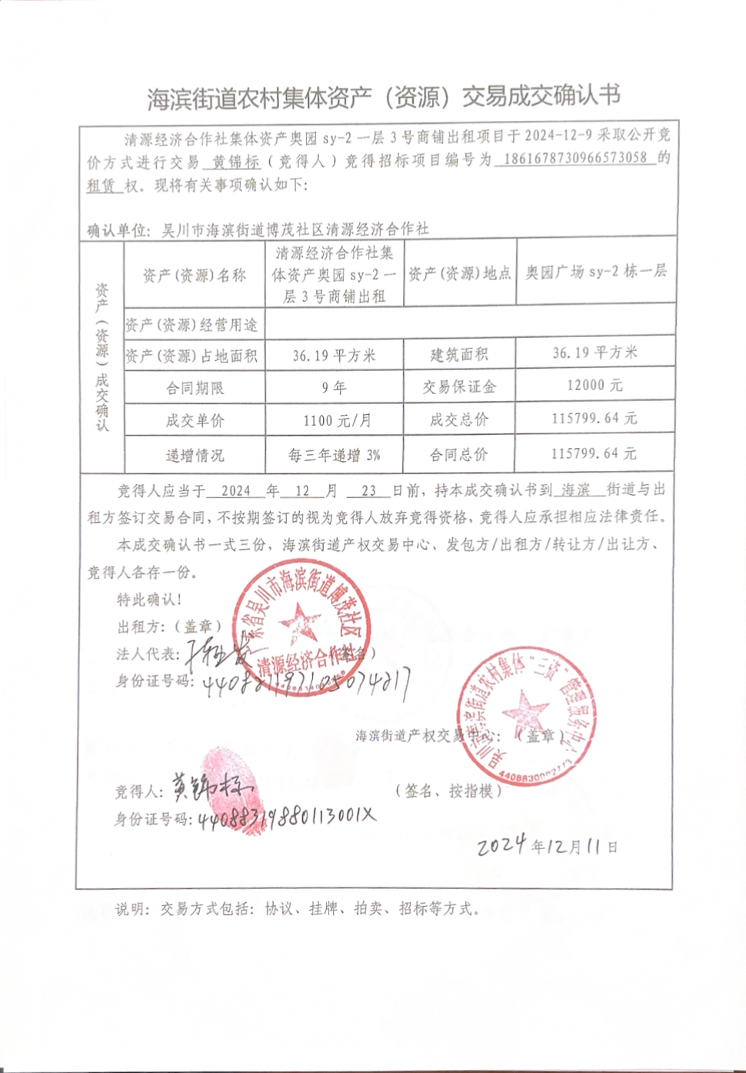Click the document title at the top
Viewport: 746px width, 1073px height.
pos(383,97)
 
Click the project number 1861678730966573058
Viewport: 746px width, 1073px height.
pos(575,159)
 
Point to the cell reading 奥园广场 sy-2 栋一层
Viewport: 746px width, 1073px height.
pos(596,272)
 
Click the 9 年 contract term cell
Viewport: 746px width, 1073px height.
pos(335,387)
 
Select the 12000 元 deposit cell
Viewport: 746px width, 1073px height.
pos(594,385)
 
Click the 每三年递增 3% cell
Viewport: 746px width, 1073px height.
pos(335,455)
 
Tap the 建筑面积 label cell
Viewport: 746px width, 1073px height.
pos(459,354)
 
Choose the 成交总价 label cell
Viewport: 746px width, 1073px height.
pos(459,420)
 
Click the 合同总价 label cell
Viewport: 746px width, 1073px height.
pos(459,454)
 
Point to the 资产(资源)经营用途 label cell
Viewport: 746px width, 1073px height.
pos(191,325)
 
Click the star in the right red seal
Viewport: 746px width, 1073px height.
pos(527,709)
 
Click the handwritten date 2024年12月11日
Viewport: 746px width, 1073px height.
pos(547,845)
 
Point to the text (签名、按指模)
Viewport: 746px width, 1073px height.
pos(449,791)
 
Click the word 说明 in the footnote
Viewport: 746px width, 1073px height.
pos(131,909)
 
